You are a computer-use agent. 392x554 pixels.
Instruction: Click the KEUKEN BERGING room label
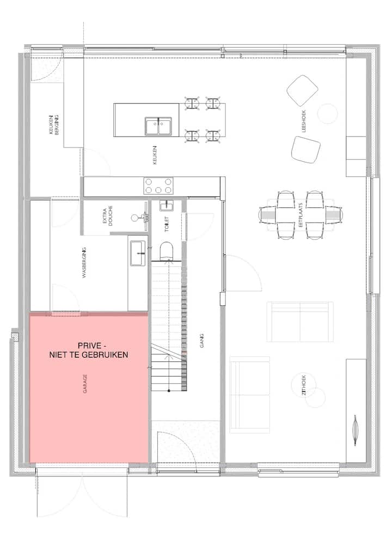pos(54,125)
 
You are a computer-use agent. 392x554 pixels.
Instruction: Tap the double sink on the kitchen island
pos(158,126)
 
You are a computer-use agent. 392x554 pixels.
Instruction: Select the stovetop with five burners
pos(158,186)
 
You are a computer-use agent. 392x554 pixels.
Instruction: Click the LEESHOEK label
pos(304,121)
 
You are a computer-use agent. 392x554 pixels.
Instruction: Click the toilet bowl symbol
pos(167,250)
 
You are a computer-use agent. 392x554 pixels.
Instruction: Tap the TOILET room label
pos(167,224)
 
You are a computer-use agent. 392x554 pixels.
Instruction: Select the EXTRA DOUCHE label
pos(108,216)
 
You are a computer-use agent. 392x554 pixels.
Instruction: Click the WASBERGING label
pos(84,262)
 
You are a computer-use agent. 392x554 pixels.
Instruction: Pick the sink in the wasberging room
pos(138,253)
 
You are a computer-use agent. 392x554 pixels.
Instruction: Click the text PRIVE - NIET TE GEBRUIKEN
pos(88,350)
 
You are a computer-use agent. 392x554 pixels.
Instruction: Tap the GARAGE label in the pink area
pos(85,384)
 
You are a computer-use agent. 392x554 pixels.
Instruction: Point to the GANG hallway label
pos(202,341)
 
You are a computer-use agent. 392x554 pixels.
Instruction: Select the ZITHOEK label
pos(304,385)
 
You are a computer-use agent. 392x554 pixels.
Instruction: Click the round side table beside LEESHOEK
pos(328,113)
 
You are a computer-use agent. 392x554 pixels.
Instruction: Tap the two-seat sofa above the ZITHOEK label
pos(300,322)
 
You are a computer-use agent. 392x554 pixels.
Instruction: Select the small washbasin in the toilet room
pos(166,205)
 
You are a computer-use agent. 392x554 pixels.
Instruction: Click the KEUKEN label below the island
pos(155,155)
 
